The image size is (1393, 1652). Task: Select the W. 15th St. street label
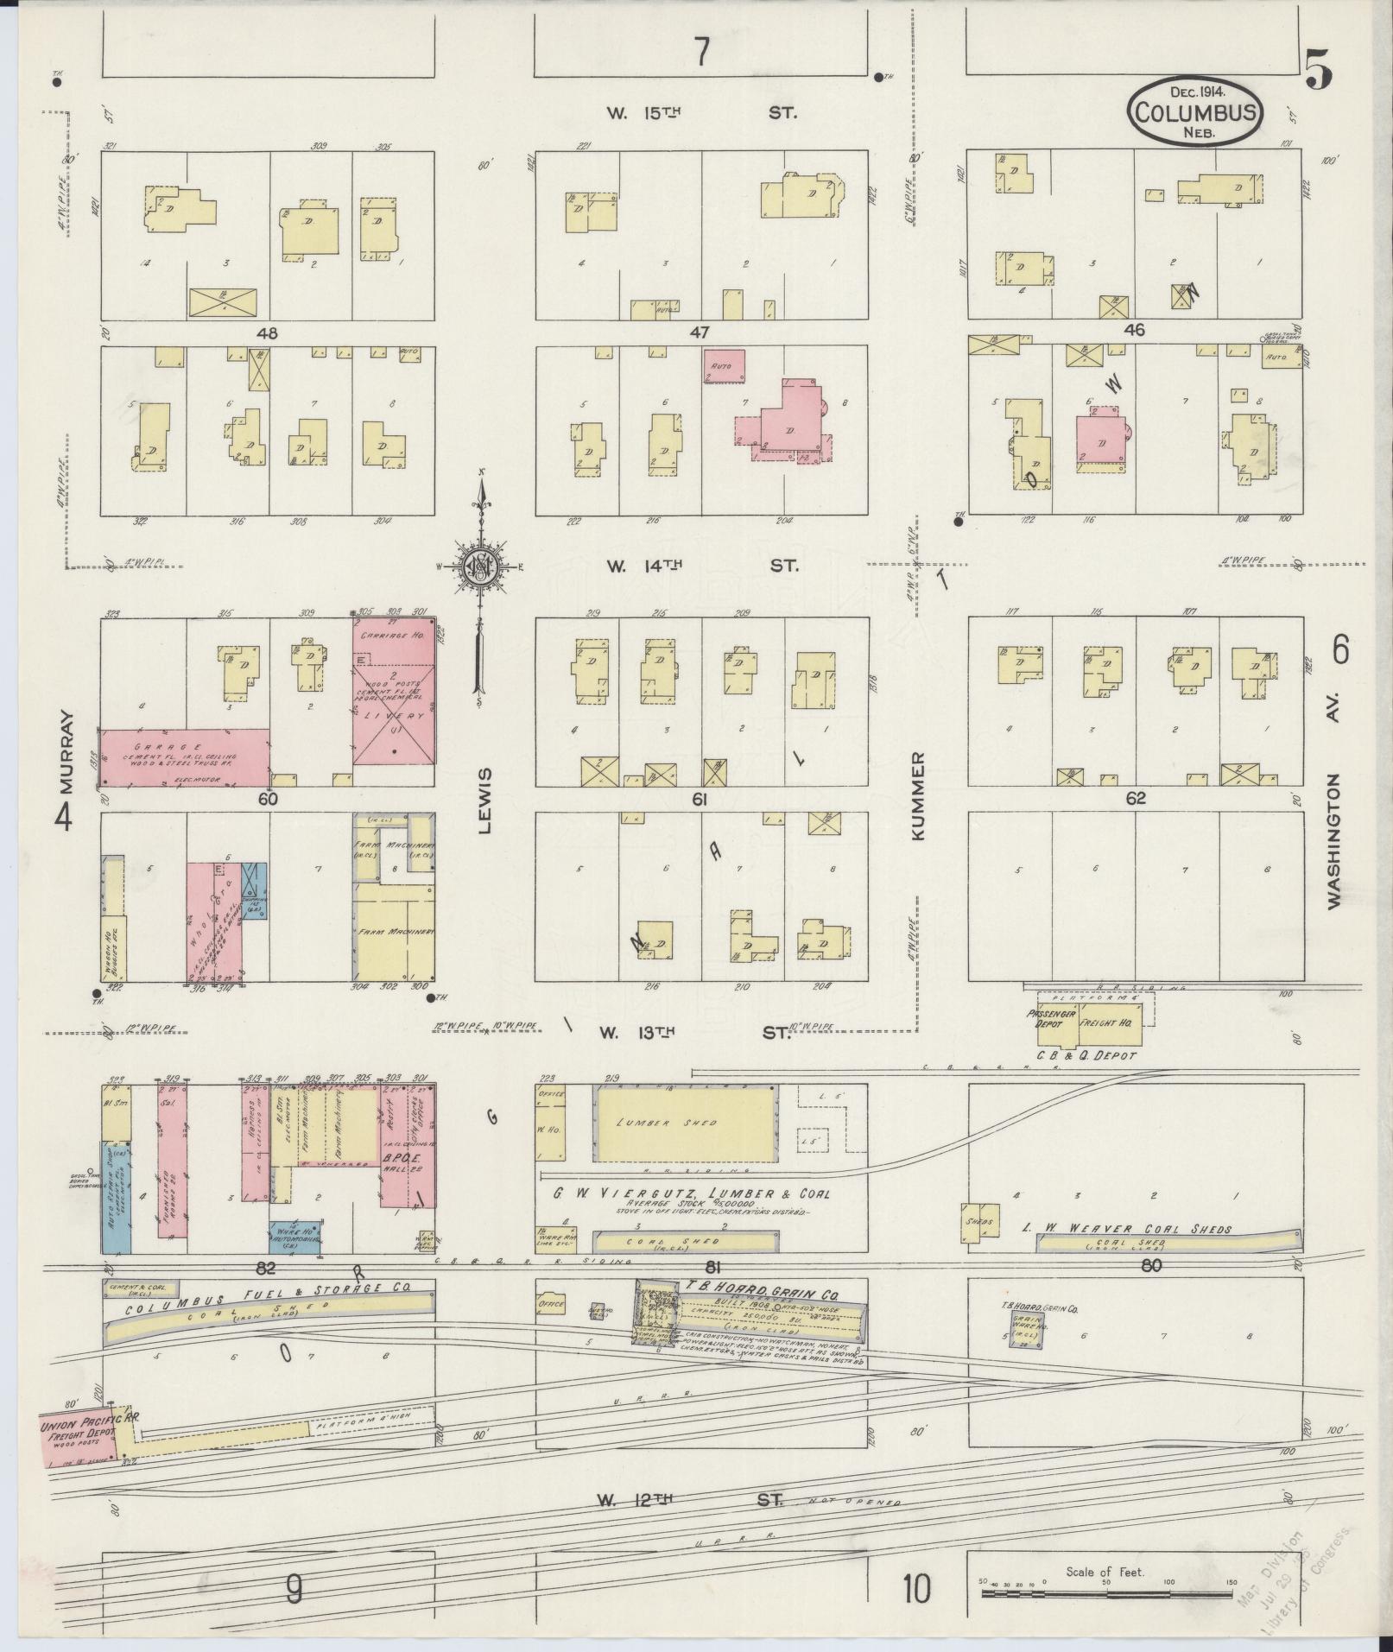click(700, 113)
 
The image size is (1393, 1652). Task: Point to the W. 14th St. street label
click(700, 566)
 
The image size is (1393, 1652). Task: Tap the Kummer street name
click(916, 796)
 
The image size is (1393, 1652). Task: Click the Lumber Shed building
click(686, 1123)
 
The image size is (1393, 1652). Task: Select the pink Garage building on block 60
click(186, 757)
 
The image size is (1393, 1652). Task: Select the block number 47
click(700, 332)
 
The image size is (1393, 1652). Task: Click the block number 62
click(1135, 799)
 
